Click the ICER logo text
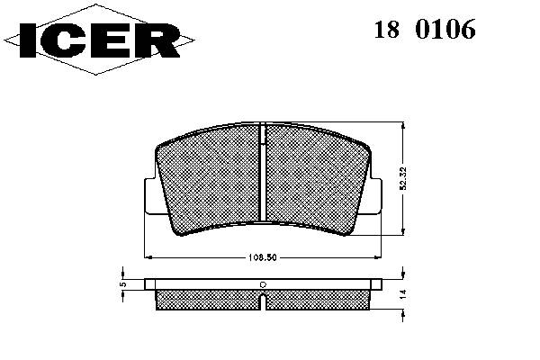tap(100, 40)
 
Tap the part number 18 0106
tap(425, 30)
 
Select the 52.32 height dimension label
tap(403, 178)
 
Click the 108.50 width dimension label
tap(263, 257)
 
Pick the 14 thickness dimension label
tap(403, 294)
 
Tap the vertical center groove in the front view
tap(263, 171)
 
